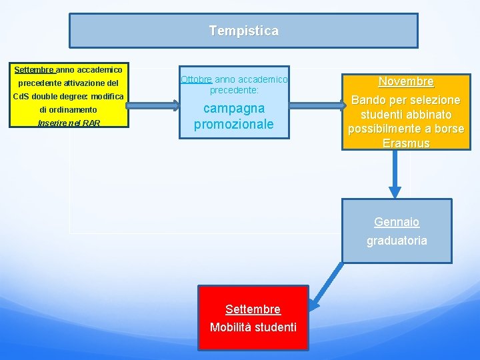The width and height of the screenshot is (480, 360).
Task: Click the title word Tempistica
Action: pos(243,31)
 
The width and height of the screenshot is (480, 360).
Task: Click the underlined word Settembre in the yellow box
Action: pos(34,69)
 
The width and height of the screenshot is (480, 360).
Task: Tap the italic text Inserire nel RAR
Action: pos(69,123)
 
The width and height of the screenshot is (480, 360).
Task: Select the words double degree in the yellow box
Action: pos(63,97)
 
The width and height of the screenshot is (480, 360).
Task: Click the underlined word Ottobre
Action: pos(196,79)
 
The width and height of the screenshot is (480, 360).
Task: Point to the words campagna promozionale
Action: pos(234,116)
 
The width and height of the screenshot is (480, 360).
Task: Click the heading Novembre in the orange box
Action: pos(406,81)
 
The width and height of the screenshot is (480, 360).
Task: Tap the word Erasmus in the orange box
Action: pos(406,143)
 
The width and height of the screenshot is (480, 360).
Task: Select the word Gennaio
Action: pos(397,222)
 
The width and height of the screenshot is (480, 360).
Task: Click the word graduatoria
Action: pos(397,241)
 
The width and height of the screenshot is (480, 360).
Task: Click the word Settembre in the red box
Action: pos(253,309)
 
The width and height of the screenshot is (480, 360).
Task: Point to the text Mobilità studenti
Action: pos(253,327)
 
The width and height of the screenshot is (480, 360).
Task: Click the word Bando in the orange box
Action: pos(367,100)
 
